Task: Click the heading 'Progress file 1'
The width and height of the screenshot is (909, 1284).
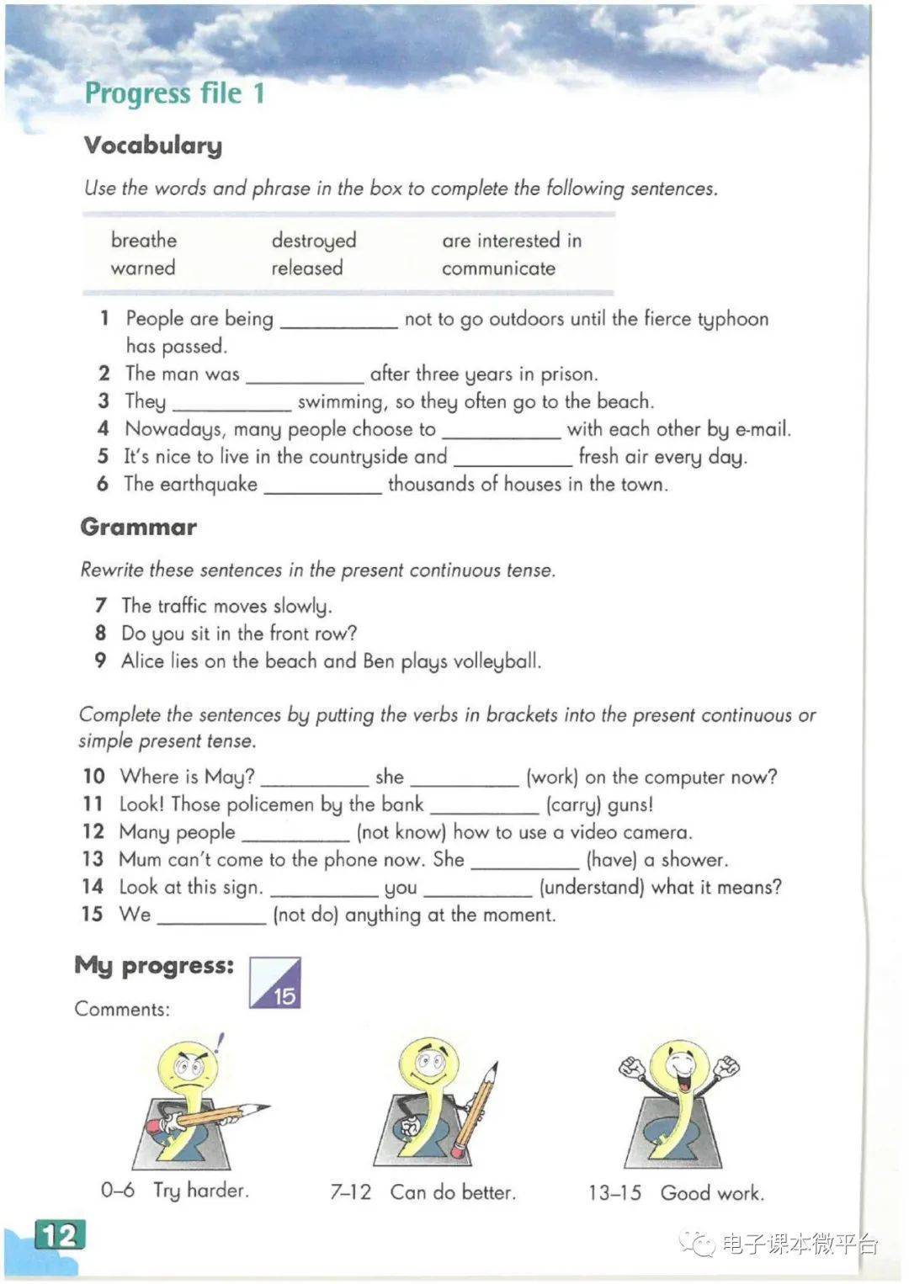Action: [x=174, y=93]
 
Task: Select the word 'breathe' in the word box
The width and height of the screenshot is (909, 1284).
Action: [x=144, y=241]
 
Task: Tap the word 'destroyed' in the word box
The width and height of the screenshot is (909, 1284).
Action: [x=313, y=241]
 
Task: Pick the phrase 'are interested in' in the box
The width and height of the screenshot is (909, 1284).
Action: [x=512, y=241]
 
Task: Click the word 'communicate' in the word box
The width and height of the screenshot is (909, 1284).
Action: [x=498, y=268]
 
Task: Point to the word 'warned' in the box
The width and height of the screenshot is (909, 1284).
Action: [x=143, y=268]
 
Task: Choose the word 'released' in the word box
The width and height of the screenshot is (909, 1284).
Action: [x=306, y=268]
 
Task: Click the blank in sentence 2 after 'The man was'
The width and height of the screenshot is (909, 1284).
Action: [x=304, y=375]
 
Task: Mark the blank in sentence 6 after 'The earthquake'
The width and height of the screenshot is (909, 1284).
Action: [x=322, y=486]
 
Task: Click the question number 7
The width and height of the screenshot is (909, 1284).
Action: [x=101, y=606]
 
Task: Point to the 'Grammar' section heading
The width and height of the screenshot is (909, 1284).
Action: [x=139, y=528]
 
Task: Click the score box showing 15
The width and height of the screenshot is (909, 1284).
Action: [x=275, y=983]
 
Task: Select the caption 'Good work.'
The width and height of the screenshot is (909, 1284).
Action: [x=712, y=1193]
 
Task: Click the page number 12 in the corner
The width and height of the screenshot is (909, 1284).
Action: [x=60, y=1235]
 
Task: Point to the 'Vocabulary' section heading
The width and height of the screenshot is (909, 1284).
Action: [x=153, y=146]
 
